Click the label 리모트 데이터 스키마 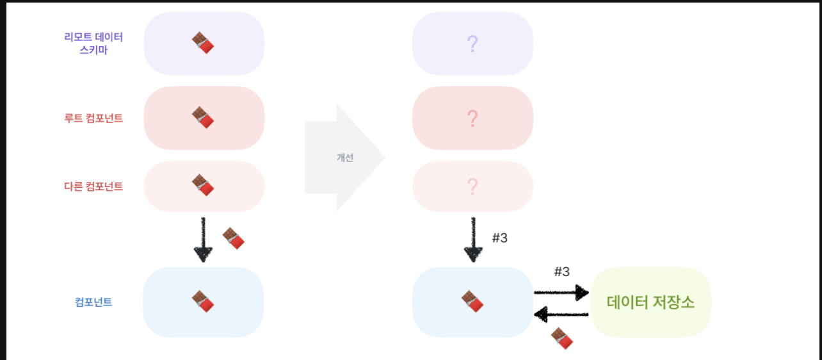[93, 43]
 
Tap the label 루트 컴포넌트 [93, 119]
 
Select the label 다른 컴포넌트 [93, 186]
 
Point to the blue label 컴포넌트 [93, 302]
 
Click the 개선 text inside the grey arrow [345, 158]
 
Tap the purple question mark [472, 44]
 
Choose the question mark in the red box [472, 119]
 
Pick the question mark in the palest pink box [472, 186]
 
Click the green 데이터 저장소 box [650, 302]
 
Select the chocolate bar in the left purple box [203, 43]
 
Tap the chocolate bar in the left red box [203, 118]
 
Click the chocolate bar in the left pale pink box [203, 185]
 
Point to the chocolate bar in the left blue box [203, 302]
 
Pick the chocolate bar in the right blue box [472, 302]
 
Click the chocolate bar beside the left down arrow [234, 238]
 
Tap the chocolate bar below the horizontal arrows [561, 338]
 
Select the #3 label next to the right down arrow [499, 238]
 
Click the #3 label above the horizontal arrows [561, 272]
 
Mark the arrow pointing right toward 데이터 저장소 [561, 293]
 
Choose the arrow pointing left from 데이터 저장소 [561, 314]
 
